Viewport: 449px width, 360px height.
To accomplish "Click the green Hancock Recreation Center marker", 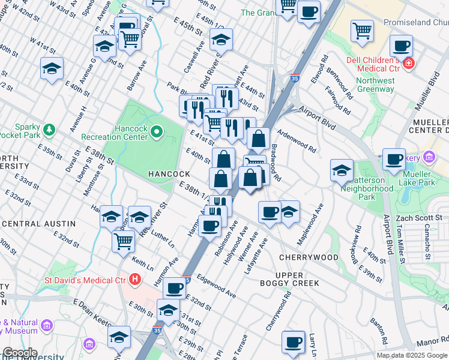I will click(x=157, y=130).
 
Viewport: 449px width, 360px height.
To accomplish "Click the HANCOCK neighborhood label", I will click(x=169, y=174).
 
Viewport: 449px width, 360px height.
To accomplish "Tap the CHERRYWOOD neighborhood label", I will click(x=309, y=257).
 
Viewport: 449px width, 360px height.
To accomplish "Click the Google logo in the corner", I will click(x=19, y=352).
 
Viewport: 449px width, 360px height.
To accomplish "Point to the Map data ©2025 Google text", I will click(x=412, y=355).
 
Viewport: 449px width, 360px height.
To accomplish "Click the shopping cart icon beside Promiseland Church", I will click(x=362, y=30).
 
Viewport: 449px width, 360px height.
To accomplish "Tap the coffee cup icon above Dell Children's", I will click(x=400, y=45).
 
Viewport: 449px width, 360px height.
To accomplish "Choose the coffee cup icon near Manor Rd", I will click(x=293, y=342).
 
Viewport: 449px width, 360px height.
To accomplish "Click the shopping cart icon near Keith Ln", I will click(x=123, y=241).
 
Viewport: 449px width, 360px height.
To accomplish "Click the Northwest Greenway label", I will click(x=375, y=85).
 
